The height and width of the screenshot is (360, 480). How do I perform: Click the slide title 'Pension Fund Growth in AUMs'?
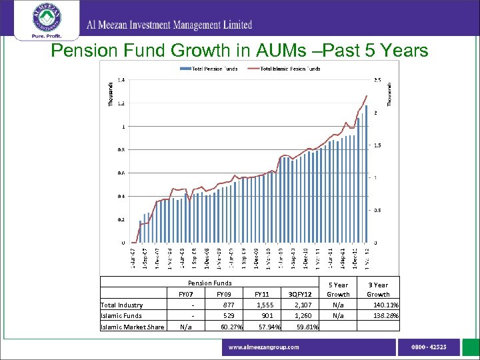click(x=239, y=51)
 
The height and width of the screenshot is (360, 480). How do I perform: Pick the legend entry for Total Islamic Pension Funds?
click(x=289, y=69)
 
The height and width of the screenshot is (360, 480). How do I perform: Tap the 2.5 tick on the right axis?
click(x=377, y=80)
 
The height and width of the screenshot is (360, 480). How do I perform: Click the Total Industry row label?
click(x=121, y=305)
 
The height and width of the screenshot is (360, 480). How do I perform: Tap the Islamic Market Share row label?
click(x=132, y=326)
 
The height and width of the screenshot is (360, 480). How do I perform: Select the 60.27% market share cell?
click(x=230, y=326)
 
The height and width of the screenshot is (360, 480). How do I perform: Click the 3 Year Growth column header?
click(x=378, y=289)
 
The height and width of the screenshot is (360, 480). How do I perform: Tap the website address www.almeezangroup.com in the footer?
click(x=264, y=347)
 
